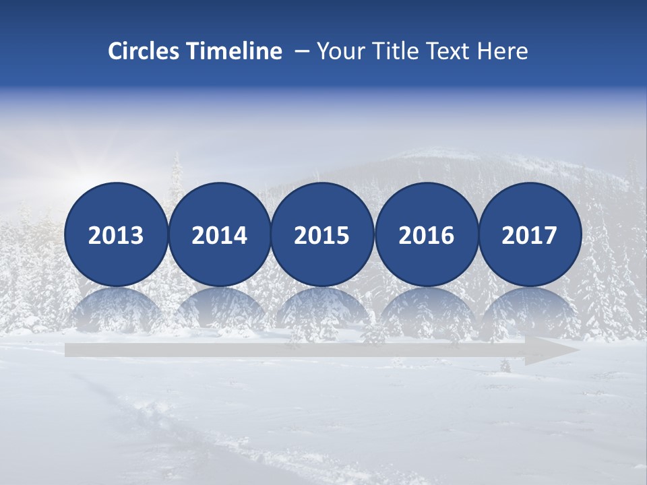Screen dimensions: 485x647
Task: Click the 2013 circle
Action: [116, 234]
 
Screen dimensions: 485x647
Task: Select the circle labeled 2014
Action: [219, 234]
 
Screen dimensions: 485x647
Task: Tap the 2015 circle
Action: [322, 234]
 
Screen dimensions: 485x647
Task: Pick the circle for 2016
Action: [427, 234]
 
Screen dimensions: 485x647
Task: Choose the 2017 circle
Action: [530, 234]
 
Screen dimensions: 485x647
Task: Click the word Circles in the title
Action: [144, 51]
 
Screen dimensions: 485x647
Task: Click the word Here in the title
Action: [502, 51]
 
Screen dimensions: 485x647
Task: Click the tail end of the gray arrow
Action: [70, 350]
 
